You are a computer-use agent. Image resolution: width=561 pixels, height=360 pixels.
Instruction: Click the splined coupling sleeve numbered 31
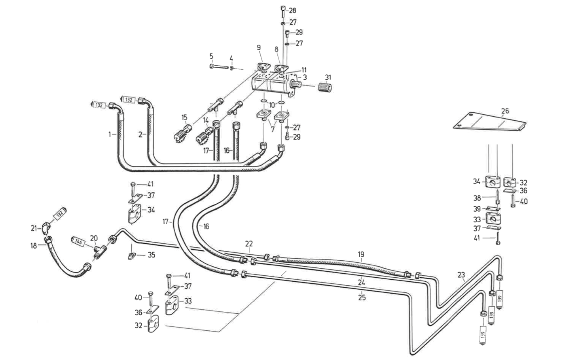(325, 86)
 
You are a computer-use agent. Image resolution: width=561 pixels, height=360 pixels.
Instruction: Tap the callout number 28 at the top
(292, 10)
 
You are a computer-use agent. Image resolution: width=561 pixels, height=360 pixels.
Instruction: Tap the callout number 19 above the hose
(361, 254)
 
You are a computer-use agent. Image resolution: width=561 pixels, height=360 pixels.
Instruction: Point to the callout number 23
(461, 275)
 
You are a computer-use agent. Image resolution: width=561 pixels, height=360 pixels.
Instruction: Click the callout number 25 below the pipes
(362, 297)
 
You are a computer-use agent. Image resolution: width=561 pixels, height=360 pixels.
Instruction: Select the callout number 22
(248, 244)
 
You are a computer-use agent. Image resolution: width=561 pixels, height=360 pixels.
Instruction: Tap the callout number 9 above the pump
(258, 48)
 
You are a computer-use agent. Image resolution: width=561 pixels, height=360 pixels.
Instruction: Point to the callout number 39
(477, 208)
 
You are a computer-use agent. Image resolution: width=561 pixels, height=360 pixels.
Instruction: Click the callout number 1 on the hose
(110, 135)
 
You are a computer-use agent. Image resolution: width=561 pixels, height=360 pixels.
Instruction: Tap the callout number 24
(362, 282)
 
